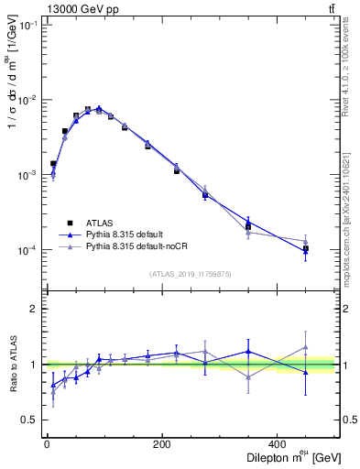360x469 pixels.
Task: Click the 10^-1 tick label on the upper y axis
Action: pyautogui.click(x=27, y=25)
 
